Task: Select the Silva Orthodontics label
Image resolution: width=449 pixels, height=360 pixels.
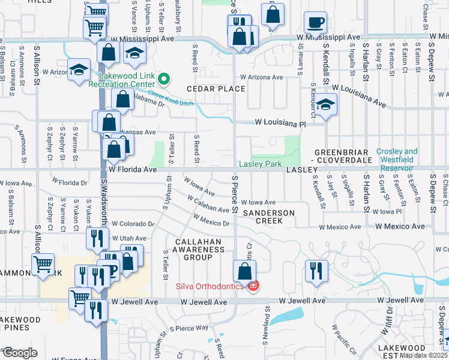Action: click(x=209, y=286)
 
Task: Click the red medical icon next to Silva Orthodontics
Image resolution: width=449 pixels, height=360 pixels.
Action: click(x=253, y=286)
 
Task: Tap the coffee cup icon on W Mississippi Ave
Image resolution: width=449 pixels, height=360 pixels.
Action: click(x=315, y=24)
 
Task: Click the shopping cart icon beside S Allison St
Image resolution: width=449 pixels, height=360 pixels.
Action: click(x=43, y=264)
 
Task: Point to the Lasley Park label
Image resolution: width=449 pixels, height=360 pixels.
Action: click(x=261, y=164)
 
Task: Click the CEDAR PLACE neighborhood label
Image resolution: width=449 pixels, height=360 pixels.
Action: click(x=215, y=89)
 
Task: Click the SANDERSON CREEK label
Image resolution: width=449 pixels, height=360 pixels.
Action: click(x=268, y=217)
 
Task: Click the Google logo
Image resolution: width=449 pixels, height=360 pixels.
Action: click(x=20, y=352)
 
